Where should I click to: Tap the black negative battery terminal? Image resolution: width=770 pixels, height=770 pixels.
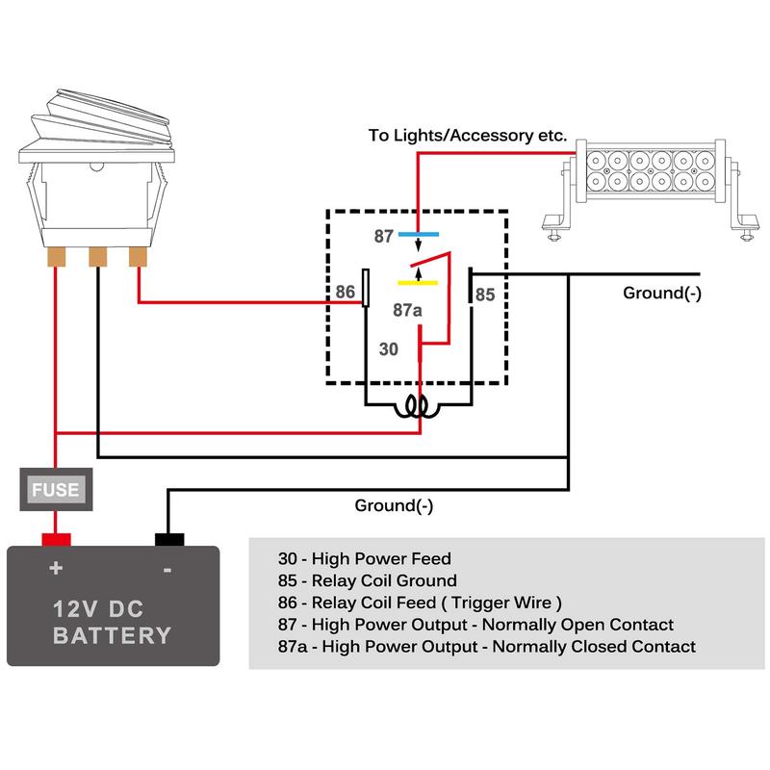(169, 536)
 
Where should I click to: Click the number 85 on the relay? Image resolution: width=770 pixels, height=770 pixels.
(485, 295)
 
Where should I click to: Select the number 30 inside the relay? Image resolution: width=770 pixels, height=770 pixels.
(388, 350)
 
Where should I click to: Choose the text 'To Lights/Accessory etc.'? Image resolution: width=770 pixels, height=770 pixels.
(468, 136)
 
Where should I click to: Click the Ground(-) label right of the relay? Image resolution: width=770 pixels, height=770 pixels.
(662, 294)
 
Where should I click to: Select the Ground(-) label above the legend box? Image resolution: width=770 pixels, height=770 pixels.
(395, 505)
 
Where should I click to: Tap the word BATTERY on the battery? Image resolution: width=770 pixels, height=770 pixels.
(113, 636)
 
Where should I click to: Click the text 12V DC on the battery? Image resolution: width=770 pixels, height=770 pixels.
(112, 608)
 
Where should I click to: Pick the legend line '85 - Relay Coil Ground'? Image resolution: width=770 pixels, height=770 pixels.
(366, 580)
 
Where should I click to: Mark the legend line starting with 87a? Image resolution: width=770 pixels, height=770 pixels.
(486, 647)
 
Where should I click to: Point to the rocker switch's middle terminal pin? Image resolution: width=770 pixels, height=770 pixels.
(97, 258)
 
